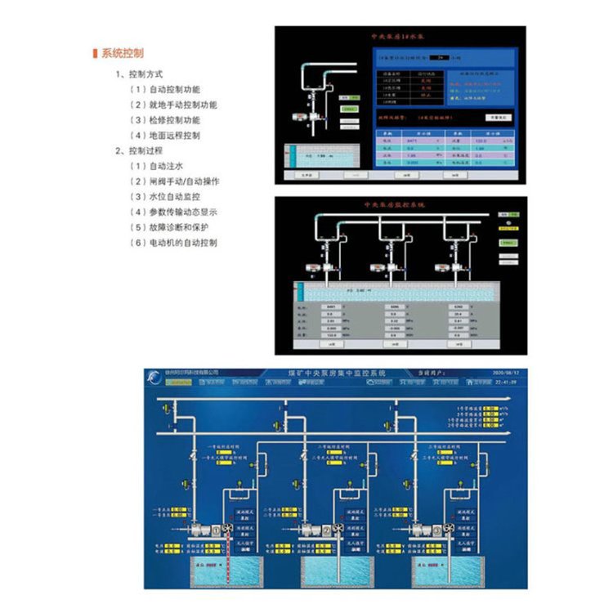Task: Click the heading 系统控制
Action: point(123,53)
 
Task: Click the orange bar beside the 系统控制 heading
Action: point(96,53)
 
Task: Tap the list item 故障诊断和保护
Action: point(178,226)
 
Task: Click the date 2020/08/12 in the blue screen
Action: point(501,372)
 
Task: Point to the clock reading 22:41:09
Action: point(501,381)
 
